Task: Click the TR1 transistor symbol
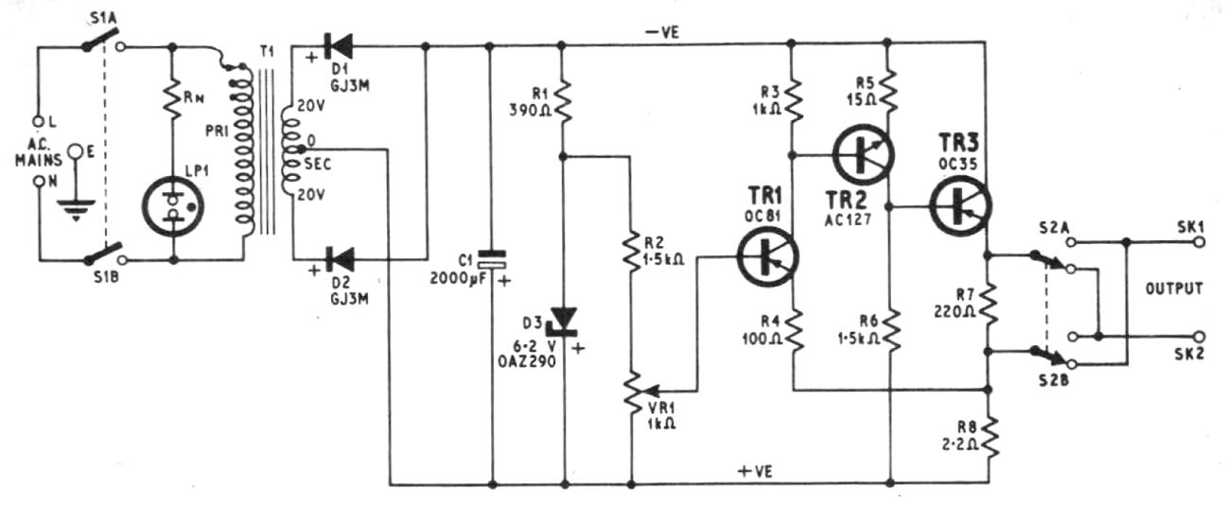coord(767,256)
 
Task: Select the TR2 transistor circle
coord(863,155)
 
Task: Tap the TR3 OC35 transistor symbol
coord(960,205)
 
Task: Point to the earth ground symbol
coord(76,209)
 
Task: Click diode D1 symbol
coord(339,46)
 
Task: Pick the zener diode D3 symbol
coord(564,321)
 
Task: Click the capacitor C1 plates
coord(492,259)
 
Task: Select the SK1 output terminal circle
coord(1200,242)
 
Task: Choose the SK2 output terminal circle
coord(1200,337)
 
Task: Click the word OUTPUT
coord(1175,288)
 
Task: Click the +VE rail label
coord(755,471)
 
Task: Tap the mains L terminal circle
coord(38,121)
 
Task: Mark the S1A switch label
coord(103,18)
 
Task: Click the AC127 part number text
coord(848,219)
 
